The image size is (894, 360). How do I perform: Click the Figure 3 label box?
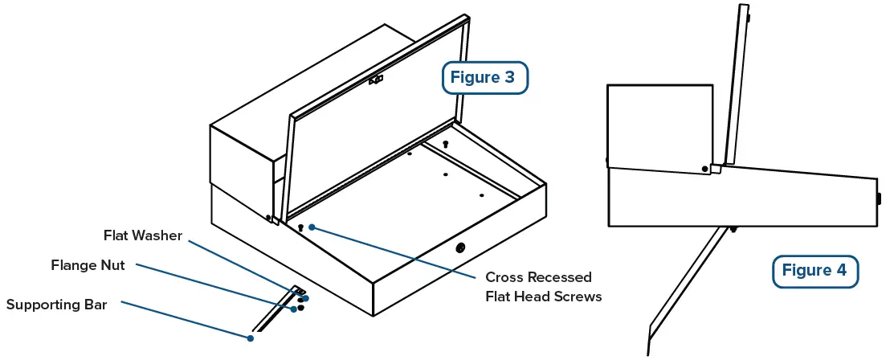[x=485, y=78]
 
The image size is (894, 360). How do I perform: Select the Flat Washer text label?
[x=143, y=235]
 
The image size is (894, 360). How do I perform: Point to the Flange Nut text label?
[x=88, y=265]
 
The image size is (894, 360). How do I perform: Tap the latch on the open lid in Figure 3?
[x=375, y=80]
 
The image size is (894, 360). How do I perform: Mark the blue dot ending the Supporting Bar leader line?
[x=251, y=338]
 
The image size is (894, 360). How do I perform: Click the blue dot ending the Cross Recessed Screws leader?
[x=312, y=227]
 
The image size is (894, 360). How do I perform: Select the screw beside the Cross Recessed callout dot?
[x=300, y=228]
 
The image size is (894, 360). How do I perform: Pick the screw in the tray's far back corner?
[x=446, y=144]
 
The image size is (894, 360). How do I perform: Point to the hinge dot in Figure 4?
[x=705, y=169]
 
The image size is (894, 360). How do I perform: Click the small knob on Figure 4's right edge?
[x=878, y=198]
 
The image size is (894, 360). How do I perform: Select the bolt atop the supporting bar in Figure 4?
[x=733, y=229]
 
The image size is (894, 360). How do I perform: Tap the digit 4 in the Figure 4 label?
[x=840, y=271]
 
